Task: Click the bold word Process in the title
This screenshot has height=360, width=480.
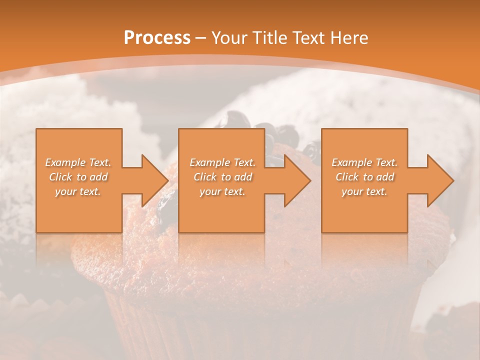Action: click(157, 38)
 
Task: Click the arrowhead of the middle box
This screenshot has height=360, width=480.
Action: click(297, 180)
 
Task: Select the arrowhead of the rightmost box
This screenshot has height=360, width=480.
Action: click(440, 180)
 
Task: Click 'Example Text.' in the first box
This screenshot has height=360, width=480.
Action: click(78, 162)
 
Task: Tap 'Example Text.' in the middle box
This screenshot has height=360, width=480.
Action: click(222, 162)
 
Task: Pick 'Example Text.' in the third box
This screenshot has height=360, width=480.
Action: click(364, 162)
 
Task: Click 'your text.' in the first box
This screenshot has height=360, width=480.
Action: click(78, 191)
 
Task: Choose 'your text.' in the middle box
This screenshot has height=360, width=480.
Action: click(222, 191)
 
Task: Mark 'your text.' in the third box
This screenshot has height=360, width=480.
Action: click(364, 191)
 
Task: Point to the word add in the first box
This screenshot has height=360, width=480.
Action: click(99, 177)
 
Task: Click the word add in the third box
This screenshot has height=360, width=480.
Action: click(385, 177)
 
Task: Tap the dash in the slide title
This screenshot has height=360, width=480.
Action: click(201, 38)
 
